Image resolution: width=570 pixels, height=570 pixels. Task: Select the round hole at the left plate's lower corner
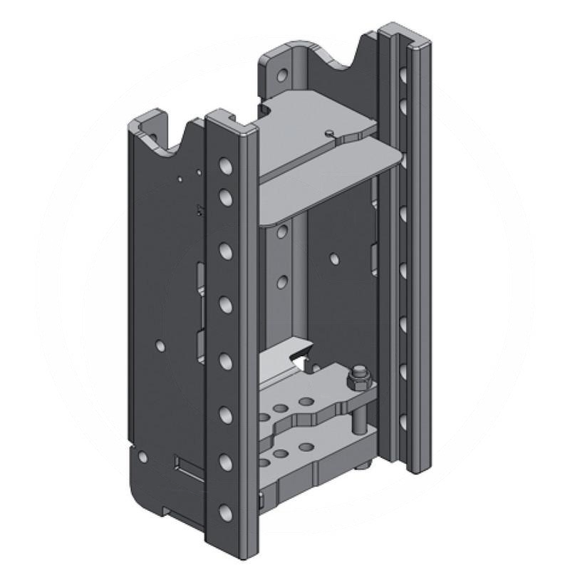[142, 455]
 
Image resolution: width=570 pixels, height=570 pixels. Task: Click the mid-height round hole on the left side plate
[160, 346]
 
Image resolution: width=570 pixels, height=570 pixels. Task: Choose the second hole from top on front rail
[225, 195]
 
